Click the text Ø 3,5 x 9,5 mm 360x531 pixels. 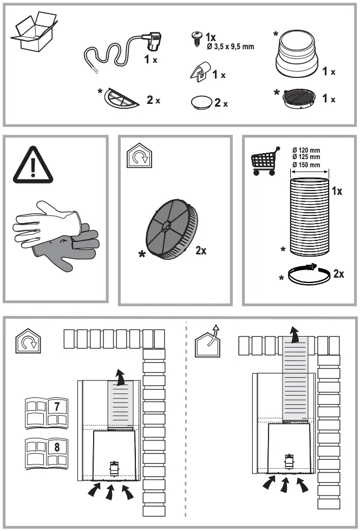click(x=230, y=47)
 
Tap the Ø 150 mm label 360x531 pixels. click(x=306, y=165)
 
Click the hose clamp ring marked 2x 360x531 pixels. click(x=307, y=274)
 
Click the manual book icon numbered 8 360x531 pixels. click(x=46, y=451)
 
